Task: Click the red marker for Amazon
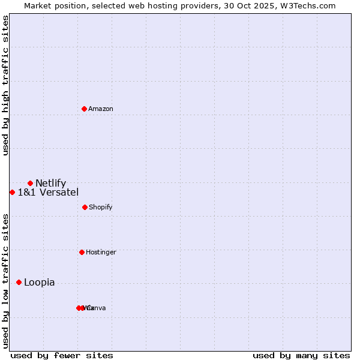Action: point(85,109)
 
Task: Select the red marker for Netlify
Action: point(30,183)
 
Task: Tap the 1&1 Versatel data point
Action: point(12,192)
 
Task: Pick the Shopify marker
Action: point(85,207)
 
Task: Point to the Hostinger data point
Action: point(82,252)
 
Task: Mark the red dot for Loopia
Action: point(19,282)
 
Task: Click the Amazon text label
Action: point(101,109)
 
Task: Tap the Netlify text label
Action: point(51,183)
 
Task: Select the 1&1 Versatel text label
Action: point(48,192)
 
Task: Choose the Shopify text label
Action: point(101,207)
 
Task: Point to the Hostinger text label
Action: point(101,252)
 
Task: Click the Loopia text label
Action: point(40,282)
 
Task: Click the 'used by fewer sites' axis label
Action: point(62,355)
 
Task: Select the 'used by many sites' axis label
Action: point(301,355)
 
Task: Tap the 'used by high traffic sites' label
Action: point(5,85)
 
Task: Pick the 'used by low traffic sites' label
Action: point(5,280)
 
